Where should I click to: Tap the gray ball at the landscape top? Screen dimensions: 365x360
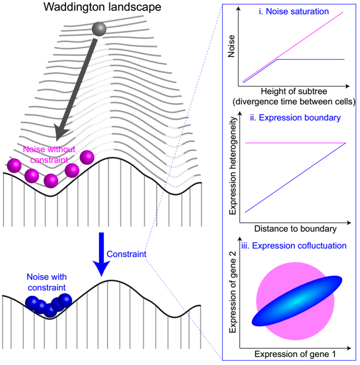[x=99, y=30]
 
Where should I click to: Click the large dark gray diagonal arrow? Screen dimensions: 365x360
[x=77, y=88]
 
